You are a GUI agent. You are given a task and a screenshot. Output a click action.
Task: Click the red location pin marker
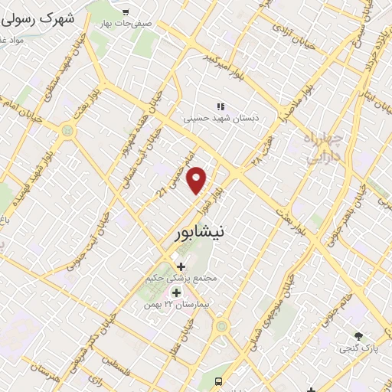(198, 180)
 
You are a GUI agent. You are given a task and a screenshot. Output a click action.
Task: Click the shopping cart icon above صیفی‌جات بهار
(126, 11)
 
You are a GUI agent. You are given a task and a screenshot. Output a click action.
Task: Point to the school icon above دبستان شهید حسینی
(220, 107)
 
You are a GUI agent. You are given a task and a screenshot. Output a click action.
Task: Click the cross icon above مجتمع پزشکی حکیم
(181, 266)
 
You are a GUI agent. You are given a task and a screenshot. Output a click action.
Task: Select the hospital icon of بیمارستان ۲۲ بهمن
(176, 292)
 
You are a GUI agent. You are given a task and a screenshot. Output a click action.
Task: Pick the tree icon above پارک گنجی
(358, 336)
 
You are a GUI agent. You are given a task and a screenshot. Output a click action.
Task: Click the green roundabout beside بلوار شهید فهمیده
(69, 131)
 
